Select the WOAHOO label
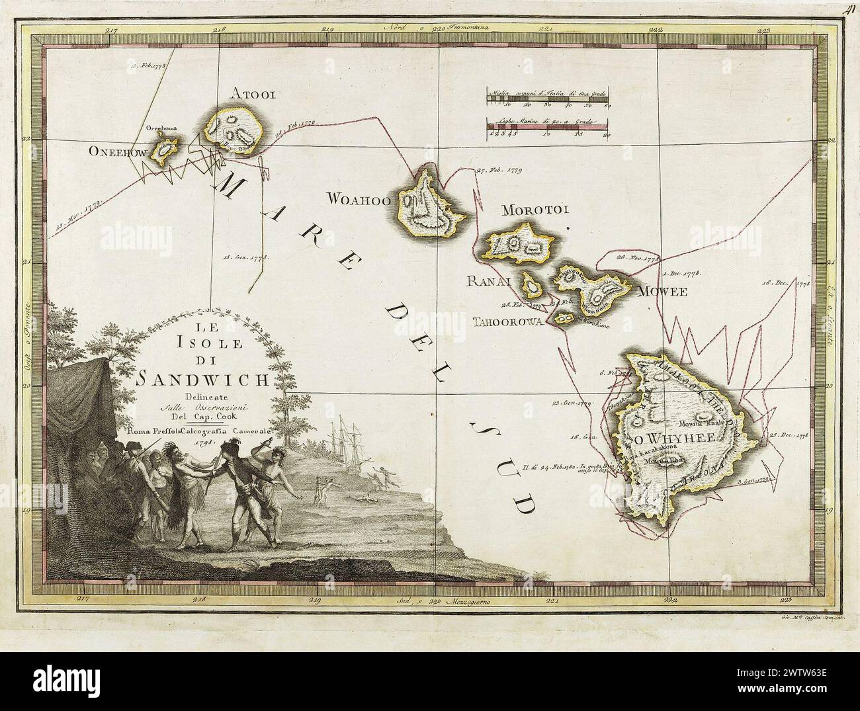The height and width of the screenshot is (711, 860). [x=357, y=198]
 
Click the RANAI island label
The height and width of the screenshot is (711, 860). [x=491, y=281]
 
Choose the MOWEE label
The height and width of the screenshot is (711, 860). [x=662, y=291]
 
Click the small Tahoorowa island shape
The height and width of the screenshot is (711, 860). [x=564, y=319]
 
